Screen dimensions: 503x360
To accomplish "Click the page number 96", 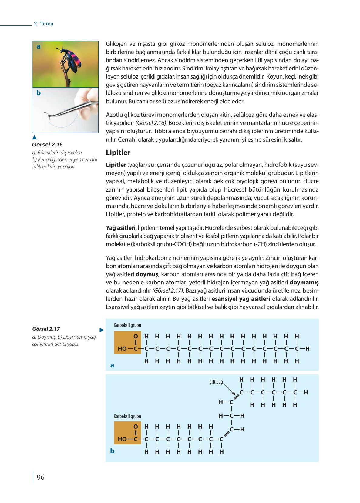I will (40, 478).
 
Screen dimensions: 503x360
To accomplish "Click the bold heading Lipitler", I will (118, 153).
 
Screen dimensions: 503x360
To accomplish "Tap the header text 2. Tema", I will (43, 24).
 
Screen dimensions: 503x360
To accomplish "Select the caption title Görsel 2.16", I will (47, 145).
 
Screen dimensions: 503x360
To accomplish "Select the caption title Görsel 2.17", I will (46, 329).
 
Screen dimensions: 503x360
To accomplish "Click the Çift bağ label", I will (216, 382).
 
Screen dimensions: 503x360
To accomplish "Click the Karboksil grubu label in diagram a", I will (127, 325).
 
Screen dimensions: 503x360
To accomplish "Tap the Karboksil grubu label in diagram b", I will (127, 417).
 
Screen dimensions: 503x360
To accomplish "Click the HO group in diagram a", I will (122, 349).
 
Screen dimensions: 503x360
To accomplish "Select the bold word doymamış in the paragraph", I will (304, 283).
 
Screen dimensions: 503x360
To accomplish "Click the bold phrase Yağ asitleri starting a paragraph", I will (120, 228).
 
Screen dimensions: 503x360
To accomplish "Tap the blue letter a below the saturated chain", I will (112, 366).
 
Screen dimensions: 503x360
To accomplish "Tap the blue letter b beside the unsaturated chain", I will (112, 451).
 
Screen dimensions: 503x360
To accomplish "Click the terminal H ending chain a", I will (308, 349).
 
